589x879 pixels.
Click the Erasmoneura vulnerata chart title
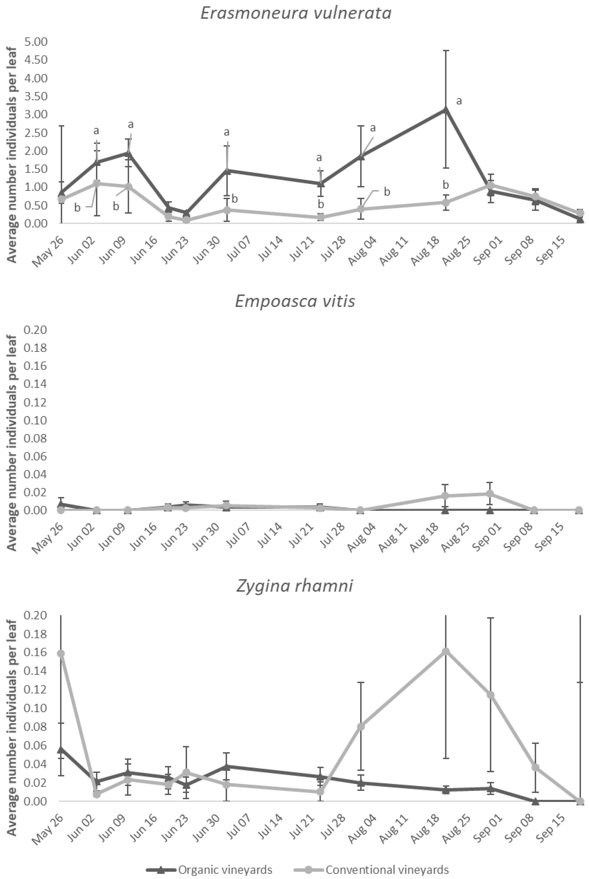click(x=296, y=13)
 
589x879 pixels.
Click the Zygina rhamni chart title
click(x=295, y=586)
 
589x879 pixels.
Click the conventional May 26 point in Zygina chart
click(x=61, y=653)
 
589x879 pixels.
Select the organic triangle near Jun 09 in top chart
click(x=128, y=153)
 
